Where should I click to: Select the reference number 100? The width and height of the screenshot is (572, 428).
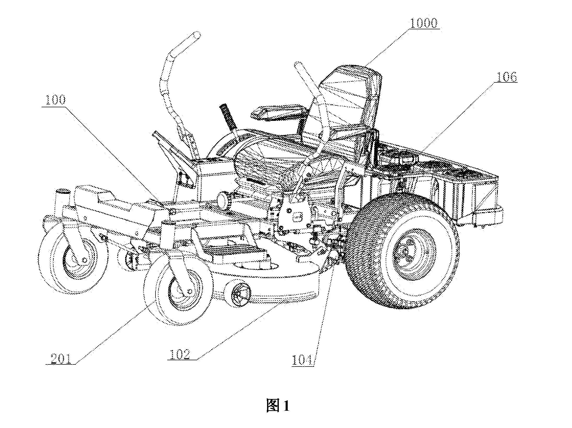[55, 100]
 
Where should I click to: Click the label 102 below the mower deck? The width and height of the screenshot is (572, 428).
[180, 354]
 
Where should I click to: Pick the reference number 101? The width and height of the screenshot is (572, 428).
[302, 361]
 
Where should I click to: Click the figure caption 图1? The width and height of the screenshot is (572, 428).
[278, 405]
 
